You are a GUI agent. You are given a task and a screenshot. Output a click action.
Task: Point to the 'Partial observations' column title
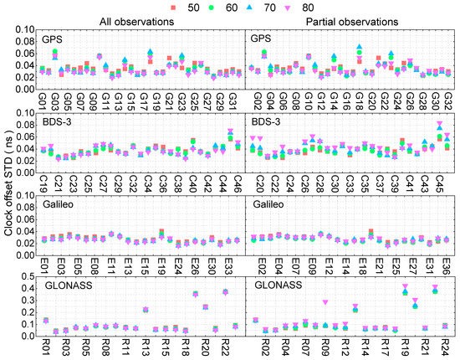click(x=349, y=21)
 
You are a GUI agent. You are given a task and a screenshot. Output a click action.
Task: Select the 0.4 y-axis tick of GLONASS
click(x=28, y=289)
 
